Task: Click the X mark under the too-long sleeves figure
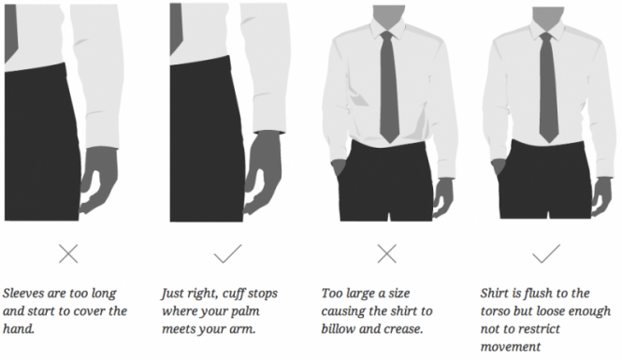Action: pos(68,253)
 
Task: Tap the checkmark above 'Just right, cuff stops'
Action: pos(227,253)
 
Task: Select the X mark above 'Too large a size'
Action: pos(387,253)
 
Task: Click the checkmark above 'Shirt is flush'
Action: pos(546,253)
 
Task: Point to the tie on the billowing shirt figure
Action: pos(389,86)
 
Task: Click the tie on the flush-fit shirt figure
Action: pos(548,87)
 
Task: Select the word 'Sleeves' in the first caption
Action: pos(23,293)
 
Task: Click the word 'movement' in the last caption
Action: pos(511,347)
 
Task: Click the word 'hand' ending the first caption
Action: pos(19,329)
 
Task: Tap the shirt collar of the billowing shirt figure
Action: pos(388,29)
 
